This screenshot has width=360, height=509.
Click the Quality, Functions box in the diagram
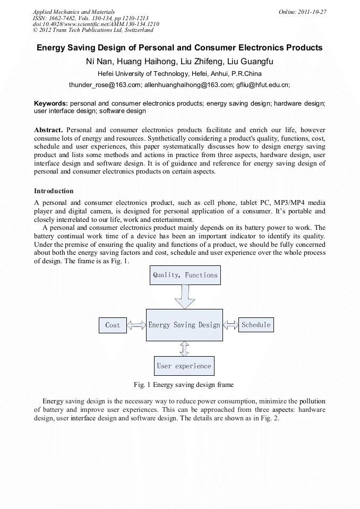[x=185, y=275]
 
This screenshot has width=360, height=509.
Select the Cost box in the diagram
[x=113, y=325]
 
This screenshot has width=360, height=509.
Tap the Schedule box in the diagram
[x=256, y=324]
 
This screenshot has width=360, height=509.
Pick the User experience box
[x=184, y=366]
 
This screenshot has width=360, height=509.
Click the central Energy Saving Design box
[x=184, y=325]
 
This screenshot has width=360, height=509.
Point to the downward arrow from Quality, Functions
[x=185, y=297]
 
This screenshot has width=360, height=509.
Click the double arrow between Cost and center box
[x=136, y=325]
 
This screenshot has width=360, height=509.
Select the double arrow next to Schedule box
[x=231, y=324]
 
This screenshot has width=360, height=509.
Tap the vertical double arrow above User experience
[x=184, y=348]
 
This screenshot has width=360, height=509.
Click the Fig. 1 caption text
[x=184, y=384]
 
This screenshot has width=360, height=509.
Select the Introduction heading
[x=54, y=191]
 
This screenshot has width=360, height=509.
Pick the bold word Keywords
[x=51, y=103]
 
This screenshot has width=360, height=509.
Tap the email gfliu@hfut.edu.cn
[x=263, y=84]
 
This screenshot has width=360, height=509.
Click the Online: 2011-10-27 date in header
[x=302, y=12]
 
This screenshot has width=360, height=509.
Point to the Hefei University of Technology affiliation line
[x=179, y=74]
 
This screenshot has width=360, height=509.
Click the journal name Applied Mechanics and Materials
[x=74, y=12]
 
